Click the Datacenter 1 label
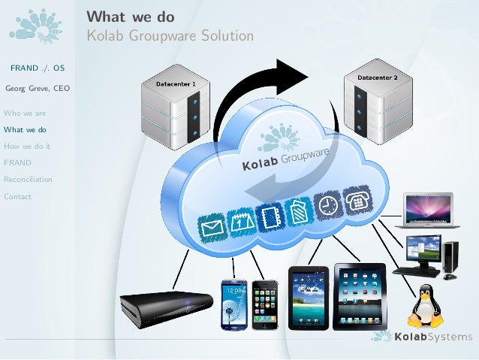coord(176,83)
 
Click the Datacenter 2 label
coord(376,77)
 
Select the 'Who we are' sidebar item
coord(25,113)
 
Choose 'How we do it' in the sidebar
coord(27,147)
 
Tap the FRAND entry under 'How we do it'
coord(17,163)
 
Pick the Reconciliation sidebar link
coord(28,180)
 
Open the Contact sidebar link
coord(17,197)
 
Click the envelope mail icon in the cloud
coord(212,227)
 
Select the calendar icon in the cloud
coord(240,222)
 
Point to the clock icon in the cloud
coord(327,205)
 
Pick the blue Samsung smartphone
coord(233,304)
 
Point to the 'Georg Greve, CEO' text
coord(38,89)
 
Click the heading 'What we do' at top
coord(131,17)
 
